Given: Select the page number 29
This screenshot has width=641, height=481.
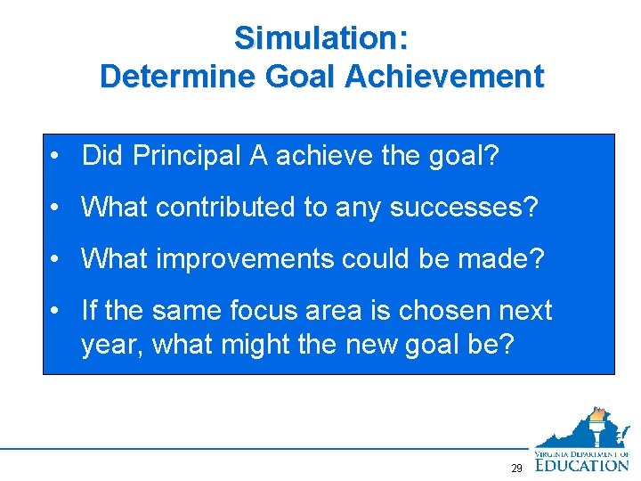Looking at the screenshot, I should pos(516,469).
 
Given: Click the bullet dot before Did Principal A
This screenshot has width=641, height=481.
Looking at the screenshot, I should pos(55,158).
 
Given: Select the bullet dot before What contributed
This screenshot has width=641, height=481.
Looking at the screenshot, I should pos(55,208).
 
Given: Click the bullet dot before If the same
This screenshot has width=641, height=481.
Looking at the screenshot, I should pos(55,311).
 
